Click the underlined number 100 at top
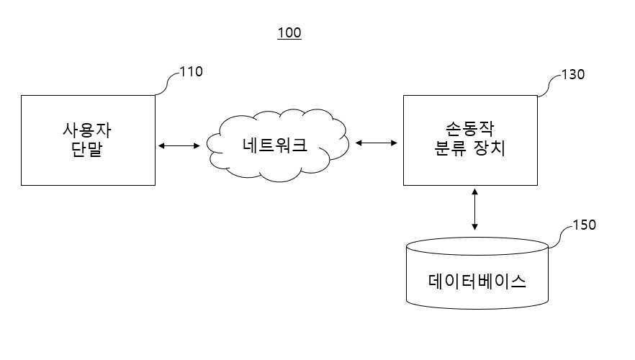(x=289, y=32)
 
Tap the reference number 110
(x=192, y=72)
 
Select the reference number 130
(x=573, y=74)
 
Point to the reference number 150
(x=585, y=225)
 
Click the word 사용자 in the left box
(x=86, y=130)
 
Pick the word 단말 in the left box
(x=86, y=149)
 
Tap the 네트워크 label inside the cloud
(x=275, y=145)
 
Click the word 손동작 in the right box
(x=469, y=129)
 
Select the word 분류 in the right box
(x=451, y=148)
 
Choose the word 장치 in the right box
(x=490, y=148)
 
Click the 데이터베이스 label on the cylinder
(x=477, y=281)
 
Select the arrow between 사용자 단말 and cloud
(x=179, y=145)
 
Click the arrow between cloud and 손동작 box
(x=377, y=143)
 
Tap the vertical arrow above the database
(x=474, y=209)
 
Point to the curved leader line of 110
(x=167, y=83)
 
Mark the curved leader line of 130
(x=549, y=85)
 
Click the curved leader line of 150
(x=560, y=235)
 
